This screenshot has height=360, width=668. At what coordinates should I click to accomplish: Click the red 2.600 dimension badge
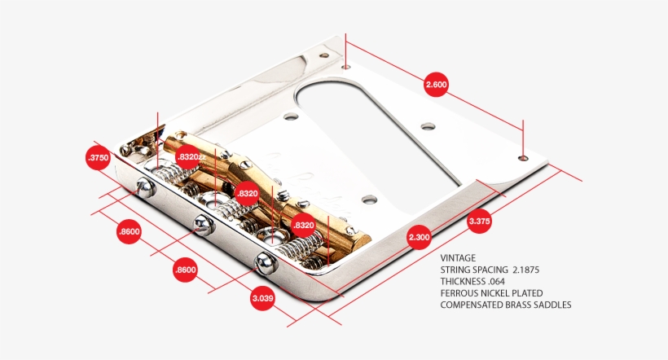[436, 85]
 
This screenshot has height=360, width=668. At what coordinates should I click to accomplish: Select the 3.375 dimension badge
[479, 221]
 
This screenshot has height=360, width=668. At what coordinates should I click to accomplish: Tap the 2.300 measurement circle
[420, 237]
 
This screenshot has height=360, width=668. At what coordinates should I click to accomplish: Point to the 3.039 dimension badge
[262, 298]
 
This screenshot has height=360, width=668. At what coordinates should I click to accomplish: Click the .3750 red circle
[98, 158]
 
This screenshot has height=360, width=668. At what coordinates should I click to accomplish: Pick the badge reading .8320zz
[191, 156]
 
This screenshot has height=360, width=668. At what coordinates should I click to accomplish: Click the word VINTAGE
[458, 257]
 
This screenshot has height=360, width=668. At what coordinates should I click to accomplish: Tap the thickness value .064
[496, 281]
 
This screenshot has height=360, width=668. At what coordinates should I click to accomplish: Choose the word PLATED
[527, 293]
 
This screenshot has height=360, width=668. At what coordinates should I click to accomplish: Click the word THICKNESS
[463, 281]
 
